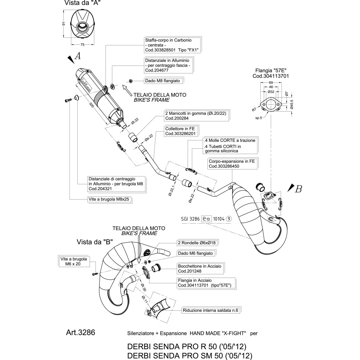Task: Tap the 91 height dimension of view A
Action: [x=63, y=24]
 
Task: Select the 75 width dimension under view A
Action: [x=82, y=44]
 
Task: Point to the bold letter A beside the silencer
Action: [x=77, y=56]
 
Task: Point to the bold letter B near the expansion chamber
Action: [x=298, y=188]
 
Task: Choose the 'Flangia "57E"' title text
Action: [x=271, y=71]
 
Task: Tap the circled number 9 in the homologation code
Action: [x=229, y=218]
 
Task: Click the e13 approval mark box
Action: [x=206, y=218]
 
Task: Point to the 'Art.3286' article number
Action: [x=81, y=332]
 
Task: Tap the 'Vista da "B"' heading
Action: [x=95, y=242]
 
